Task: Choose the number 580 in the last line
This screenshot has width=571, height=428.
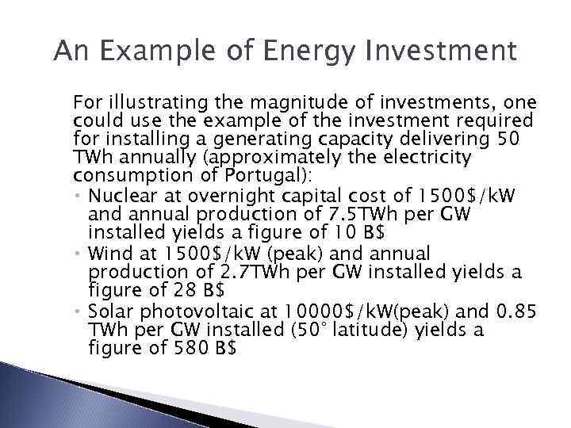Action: point(186,349)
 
